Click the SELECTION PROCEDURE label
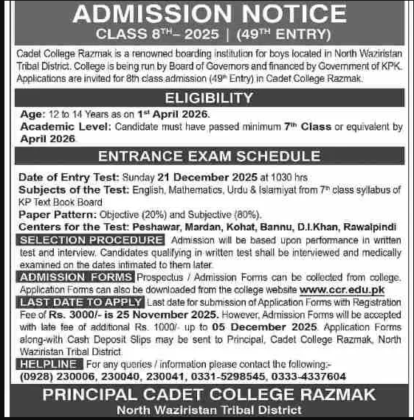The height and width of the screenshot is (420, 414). [x=92, y=240]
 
